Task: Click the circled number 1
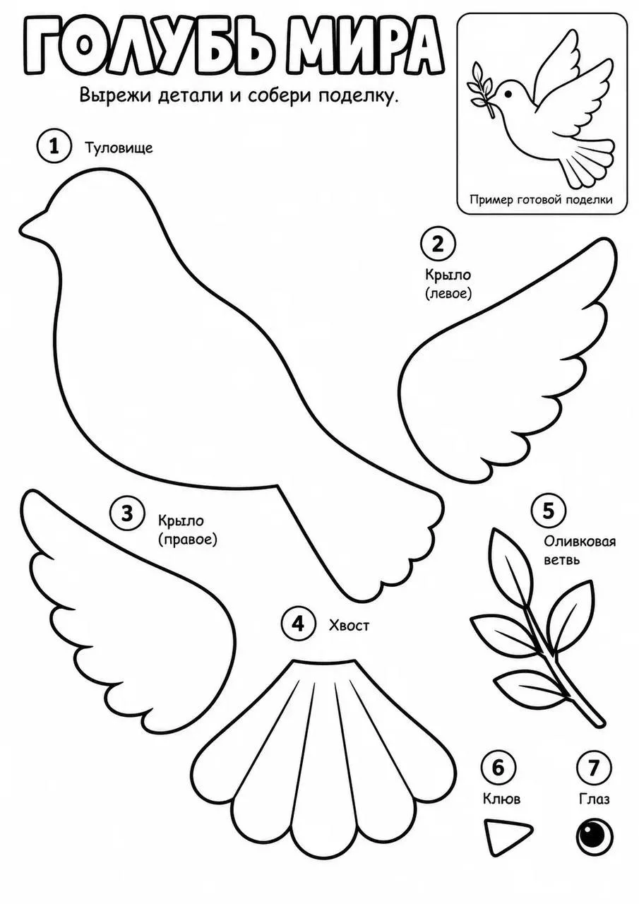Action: point(54,146)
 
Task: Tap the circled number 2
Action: point(438,244)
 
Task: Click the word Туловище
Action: point(119,148)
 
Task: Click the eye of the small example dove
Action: point(509,94)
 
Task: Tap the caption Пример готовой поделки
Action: point(541,200)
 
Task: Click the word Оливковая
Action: point(580,541)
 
